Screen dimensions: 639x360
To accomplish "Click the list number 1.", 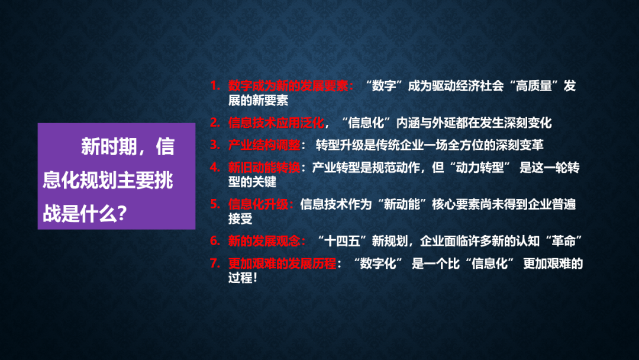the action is click(215, 86).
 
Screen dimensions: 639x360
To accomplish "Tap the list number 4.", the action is click(215, 167).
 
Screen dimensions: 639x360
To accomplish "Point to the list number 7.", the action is click(215, 263).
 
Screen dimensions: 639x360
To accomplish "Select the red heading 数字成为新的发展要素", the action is click(288, 86).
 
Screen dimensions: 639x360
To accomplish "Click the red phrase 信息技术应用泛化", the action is click(276, 123).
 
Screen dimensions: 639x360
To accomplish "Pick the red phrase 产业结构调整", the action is click(264, 145).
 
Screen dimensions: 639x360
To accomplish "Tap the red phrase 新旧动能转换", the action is click(264, 167).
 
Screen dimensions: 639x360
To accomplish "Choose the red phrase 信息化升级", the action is click(258, 204).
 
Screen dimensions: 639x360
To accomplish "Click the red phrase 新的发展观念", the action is click(264, 241).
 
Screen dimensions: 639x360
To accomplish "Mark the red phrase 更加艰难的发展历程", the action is click(282, 263).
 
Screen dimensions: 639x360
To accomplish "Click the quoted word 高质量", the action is click(534, 86).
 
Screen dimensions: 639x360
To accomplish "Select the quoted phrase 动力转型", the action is click(480, 167).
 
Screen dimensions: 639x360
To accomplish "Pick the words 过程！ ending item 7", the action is click(243, 278).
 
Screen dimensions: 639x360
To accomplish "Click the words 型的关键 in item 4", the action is click(252, 182).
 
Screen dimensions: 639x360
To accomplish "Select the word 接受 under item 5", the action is click(240, 219).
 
